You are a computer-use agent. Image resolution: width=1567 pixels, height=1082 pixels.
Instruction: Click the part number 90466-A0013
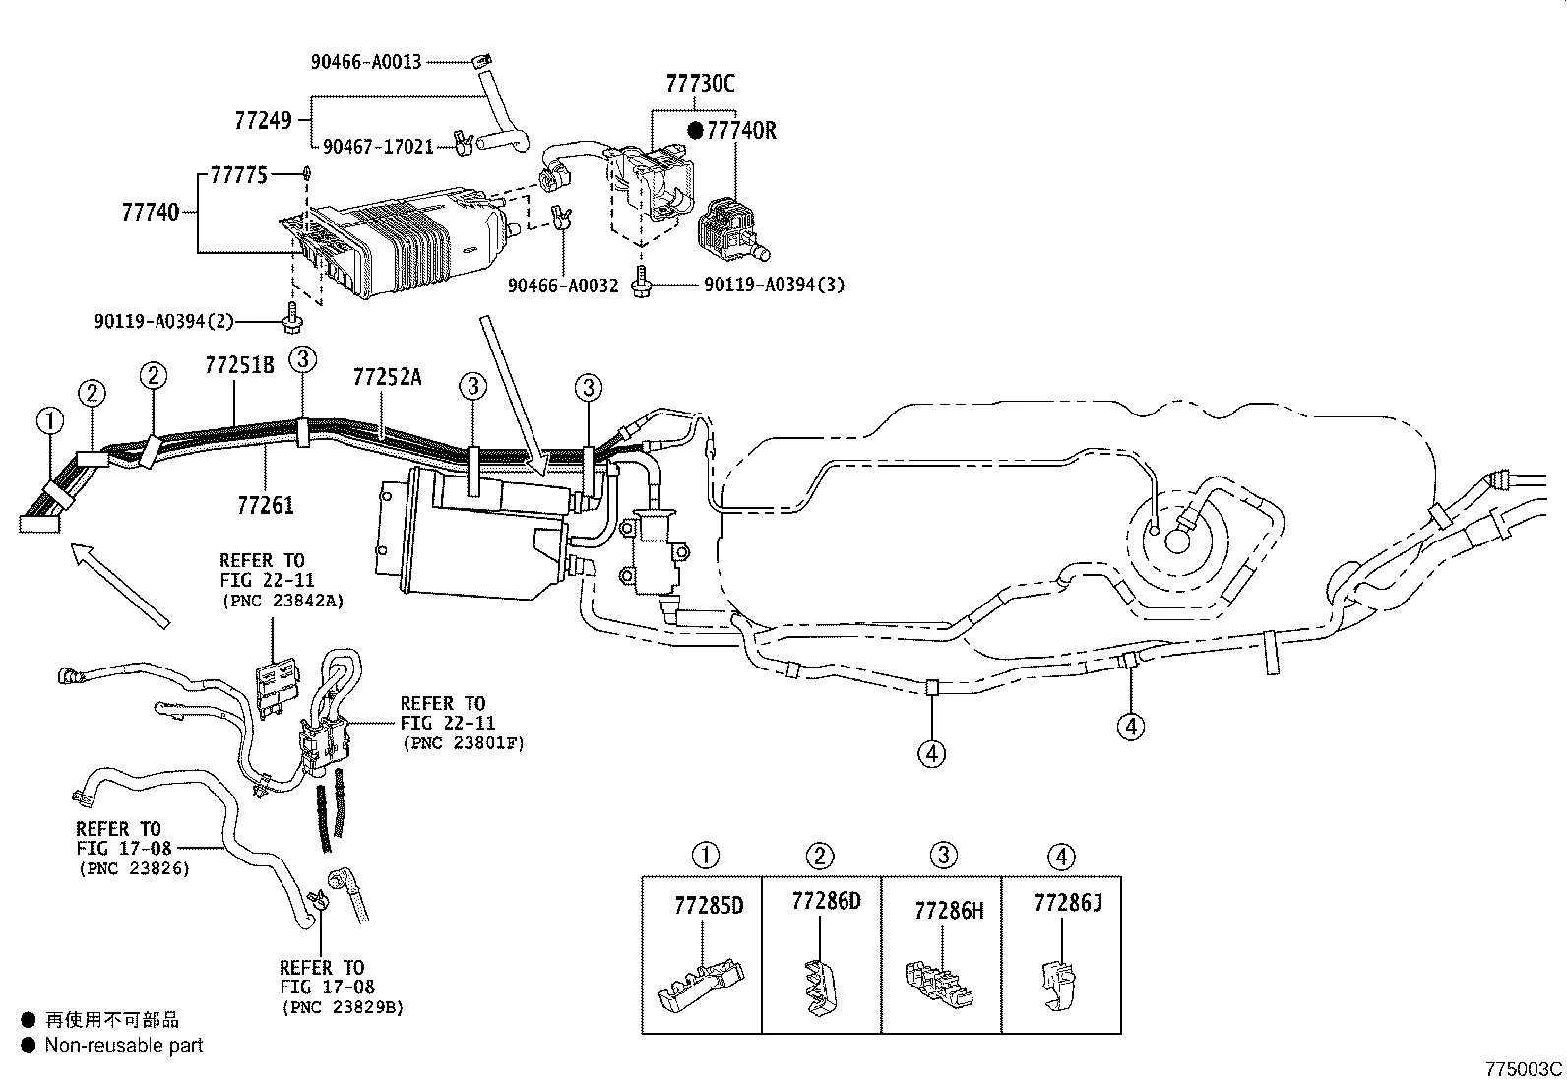click(x=366, y=62)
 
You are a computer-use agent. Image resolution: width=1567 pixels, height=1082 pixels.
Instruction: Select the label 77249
click(x=263, y=121)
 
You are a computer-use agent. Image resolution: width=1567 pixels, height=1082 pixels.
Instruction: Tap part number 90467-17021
click(x=378, y=147)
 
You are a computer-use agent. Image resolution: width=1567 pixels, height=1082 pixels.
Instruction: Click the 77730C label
click(x=700, y=84)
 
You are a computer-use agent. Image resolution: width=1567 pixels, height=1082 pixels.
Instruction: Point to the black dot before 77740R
click(x=695, y=130)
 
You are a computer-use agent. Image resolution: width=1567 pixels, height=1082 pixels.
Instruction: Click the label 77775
click(x=238, y=176)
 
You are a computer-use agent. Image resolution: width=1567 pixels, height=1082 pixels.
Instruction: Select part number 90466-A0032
click(x=562, y=286)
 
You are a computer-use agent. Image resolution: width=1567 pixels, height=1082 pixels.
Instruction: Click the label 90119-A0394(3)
click(x=774, y=286)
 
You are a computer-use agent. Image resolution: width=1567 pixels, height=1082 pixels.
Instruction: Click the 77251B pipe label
click(x=239, y=364)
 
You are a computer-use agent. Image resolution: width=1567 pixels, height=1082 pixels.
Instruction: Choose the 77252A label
click(x=387, y=376)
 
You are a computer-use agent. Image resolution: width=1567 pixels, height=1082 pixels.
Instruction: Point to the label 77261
click(x=266, y=505)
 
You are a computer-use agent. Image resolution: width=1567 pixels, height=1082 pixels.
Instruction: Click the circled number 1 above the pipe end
click(x=49, y=422)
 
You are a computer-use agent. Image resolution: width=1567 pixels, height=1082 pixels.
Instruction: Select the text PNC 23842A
click(x=282, y=602)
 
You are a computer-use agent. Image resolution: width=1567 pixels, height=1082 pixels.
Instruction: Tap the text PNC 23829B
click(x=342, y=1007)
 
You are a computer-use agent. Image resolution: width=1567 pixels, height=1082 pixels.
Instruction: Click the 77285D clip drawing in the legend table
click(x=698, y=986)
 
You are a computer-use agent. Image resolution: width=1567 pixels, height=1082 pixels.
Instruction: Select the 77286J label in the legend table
click(x=1067, y=902)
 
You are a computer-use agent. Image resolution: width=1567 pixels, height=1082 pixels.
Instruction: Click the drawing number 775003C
click(x=1523, y=1069)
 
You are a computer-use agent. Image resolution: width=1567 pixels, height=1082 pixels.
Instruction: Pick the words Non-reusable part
click(x=123, y=1046)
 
